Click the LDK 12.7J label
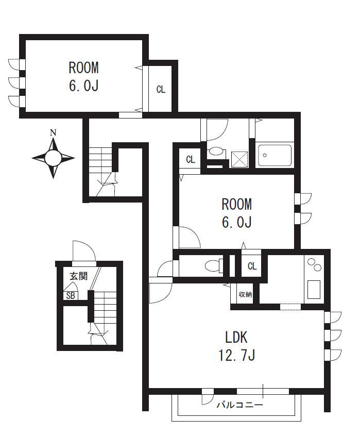236,346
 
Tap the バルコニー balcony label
239,405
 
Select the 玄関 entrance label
78,276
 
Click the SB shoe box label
71,296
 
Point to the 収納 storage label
245,294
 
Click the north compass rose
53,158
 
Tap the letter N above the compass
53,132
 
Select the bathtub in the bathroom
275,155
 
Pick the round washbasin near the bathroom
216,152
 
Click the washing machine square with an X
239,159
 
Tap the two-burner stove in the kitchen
314,265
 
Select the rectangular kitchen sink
314,290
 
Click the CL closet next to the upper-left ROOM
161,89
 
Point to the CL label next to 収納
252,266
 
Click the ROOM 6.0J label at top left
83,76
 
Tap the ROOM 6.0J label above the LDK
237,213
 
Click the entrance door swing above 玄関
84,251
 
